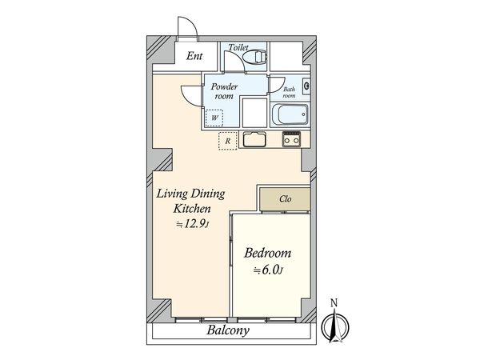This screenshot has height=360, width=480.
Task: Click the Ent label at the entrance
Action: (194, 56)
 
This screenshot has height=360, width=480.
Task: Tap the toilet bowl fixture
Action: (254, 57)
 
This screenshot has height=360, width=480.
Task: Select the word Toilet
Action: (238, 47)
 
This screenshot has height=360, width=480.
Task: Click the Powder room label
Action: (224, 91)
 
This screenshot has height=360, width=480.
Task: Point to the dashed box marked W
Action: (214, 118)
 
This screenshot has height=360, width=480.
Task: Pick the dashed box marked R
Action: (228, 141)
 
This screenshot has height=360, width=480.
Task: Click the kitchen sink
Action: (254, 139)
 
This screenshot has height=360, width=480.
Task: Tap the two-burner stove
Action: (291, 139)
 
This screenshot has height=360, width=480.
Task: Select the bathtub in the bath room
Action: (290, 114)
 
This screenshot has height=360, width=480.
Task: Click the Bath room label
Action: (289, 93)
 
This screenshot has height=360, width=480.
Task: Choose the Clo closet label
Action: (285, 199)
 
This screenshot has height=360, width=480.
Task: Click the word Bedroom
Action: (267, 254)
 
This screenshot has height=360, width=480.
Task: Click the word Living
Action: (172, 194)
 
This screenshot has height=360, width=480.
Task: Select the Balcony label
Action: (228, 330)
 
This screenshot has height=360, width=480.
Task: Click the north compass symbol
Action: (335, 326)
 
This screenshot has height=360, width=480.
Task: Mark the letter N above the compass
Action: (334, 303)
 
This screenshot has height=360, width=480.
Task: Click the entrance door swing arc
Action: (190, 24)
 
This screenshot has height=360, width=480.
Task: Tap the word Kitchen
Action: (192, 209)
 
